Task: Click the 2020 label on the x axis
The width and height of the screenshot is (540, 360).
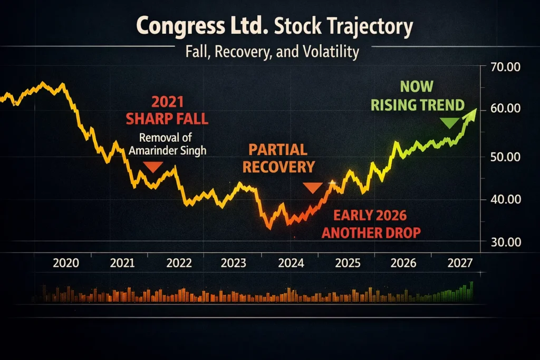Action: click(66, 263)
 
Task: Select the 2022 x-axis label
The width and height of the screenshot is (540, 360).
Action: click(179, 263)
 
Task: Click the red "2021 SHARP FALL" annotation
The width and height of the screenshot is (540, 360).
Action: click(167, 110)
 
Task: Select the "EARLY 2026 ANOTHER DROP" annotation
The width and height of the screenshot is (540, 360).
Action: click(371, 223)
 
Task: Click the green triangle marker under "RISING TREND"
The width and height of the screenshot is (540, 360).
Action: click(450, 123)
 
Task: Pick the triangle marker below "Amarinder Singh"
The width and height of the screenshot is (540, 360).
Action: click(153, 167)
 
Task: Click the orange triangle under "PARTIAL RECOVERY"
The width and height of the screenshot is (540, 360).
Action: click(312, 188)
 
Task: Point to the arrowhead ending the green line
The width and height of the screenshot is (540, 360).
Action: click(472, 112)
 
